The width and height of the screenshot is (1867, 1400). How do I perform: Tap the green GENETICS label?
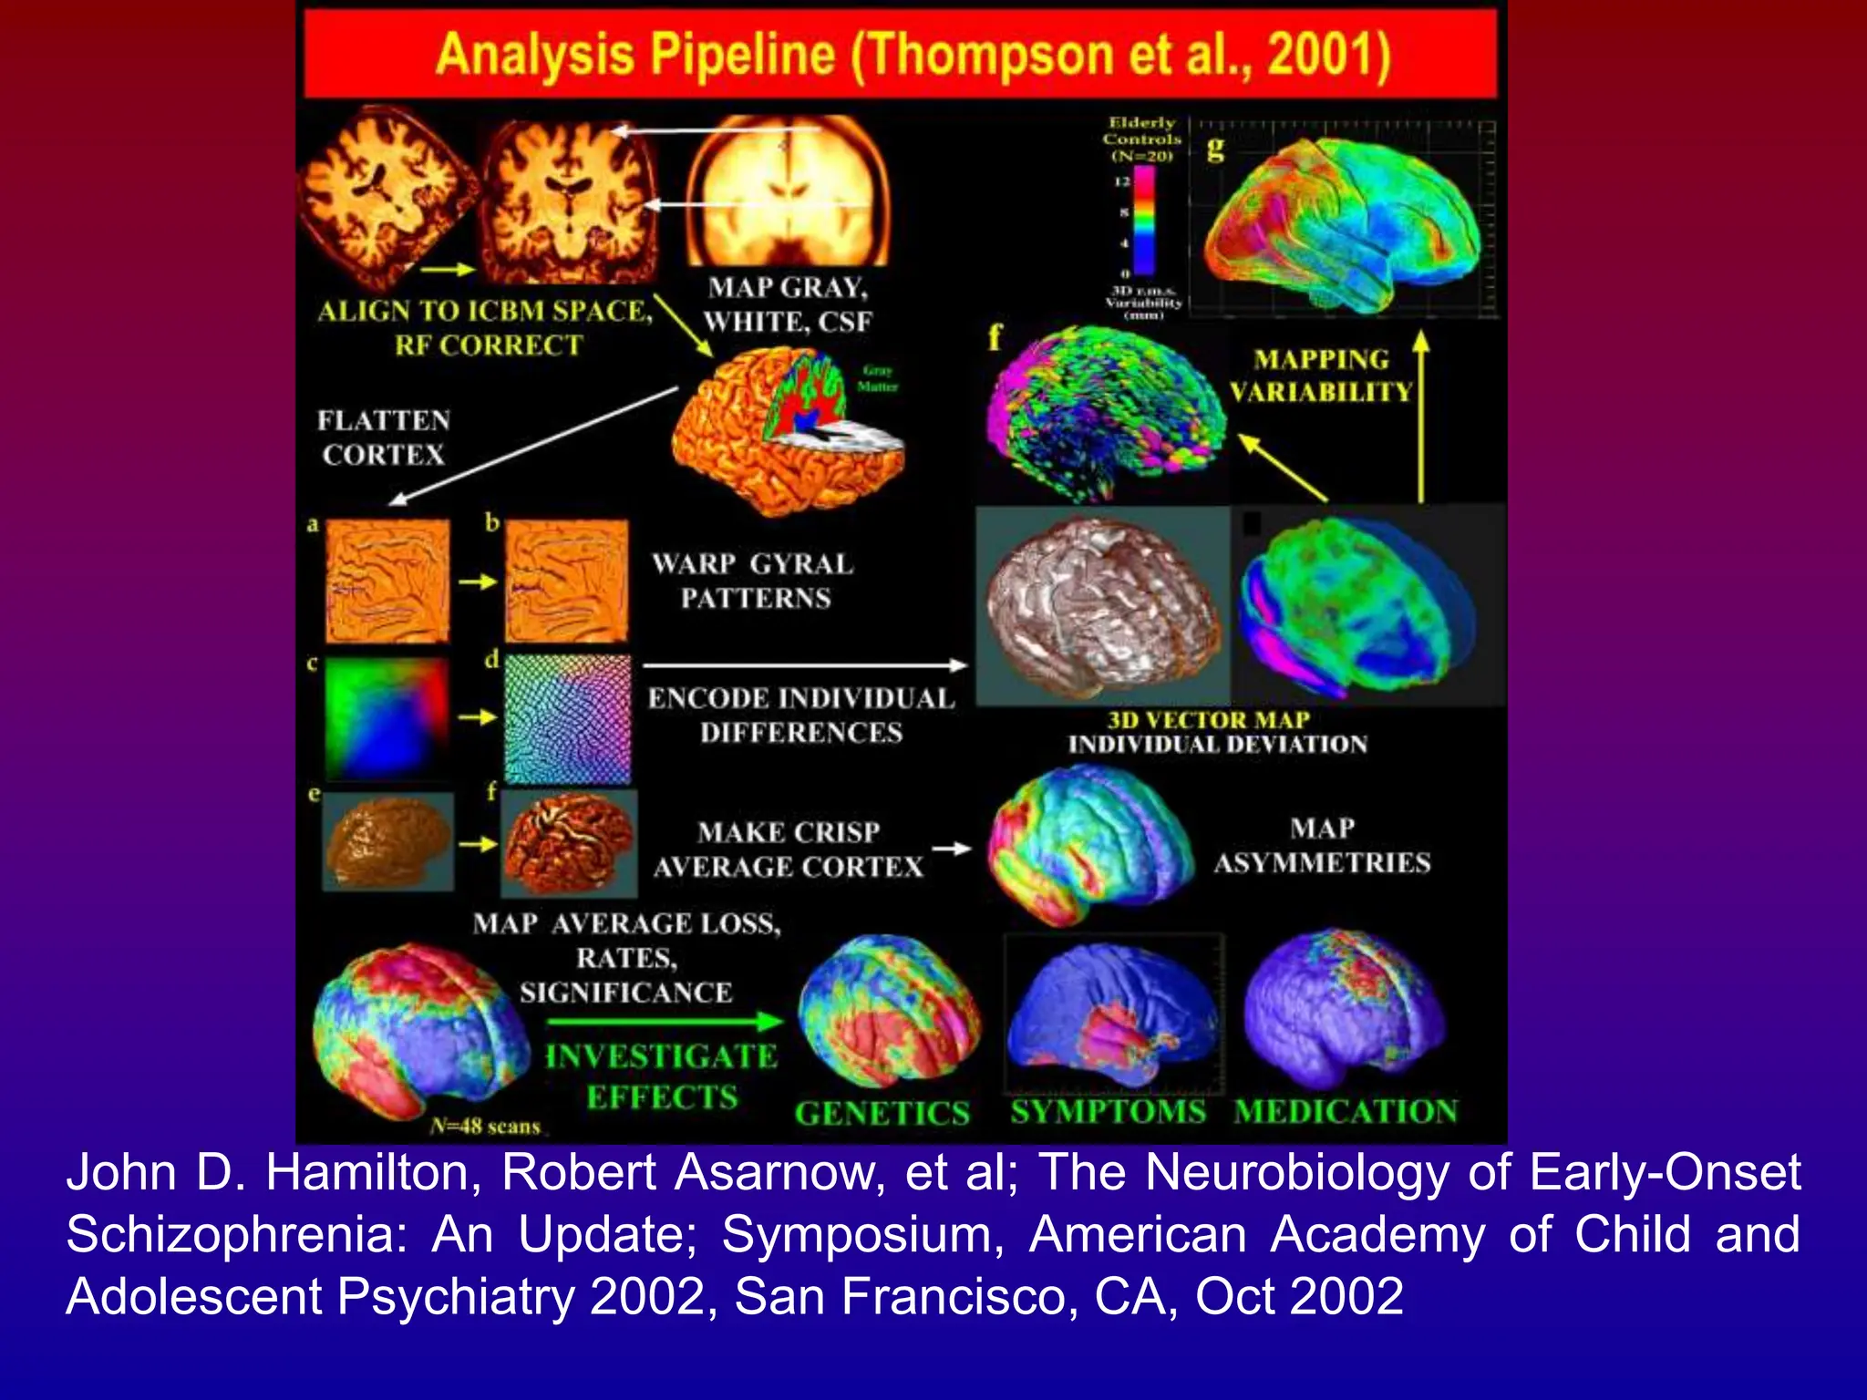click(882, 1114)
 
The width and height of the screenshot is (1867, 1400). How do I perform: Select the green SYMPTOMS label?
click(1108, 1112)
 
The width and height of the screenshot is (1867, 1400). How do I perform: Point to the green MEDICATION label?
click(1346, 1112)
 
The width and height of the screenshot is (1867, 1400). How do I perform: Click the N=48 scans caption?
click(485, 1127)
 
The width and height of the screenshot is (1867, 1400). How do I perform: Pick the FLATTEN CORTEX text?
click(383, 437)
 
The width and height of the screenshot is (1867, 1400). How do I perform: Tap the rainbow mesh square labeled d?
click(567, 719)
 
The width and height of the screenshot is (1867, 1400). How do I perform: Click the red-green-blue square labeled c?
click(387, 719)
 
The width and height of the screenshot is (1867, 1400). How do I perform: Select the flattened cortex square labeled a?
click(387, 582)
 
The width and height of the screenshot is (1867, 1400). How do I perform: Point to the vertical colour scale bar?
click(1143, 219)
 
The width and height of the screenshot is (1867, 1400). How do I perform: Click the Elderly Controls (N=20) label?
click(1141, 139)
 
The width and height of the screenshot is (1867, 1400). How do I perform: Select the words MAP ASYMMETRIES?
click(1322, 846)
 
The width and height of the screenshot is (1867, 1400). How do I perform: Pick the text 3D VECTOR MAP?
click(1208, 720)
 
